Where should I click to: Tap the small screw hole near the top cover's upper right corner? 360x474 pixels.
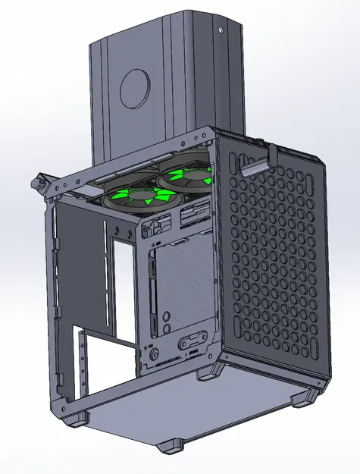(x=221, y=31)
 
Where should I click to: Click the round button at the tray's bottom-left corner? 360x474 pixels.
(x=155, y=353)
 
